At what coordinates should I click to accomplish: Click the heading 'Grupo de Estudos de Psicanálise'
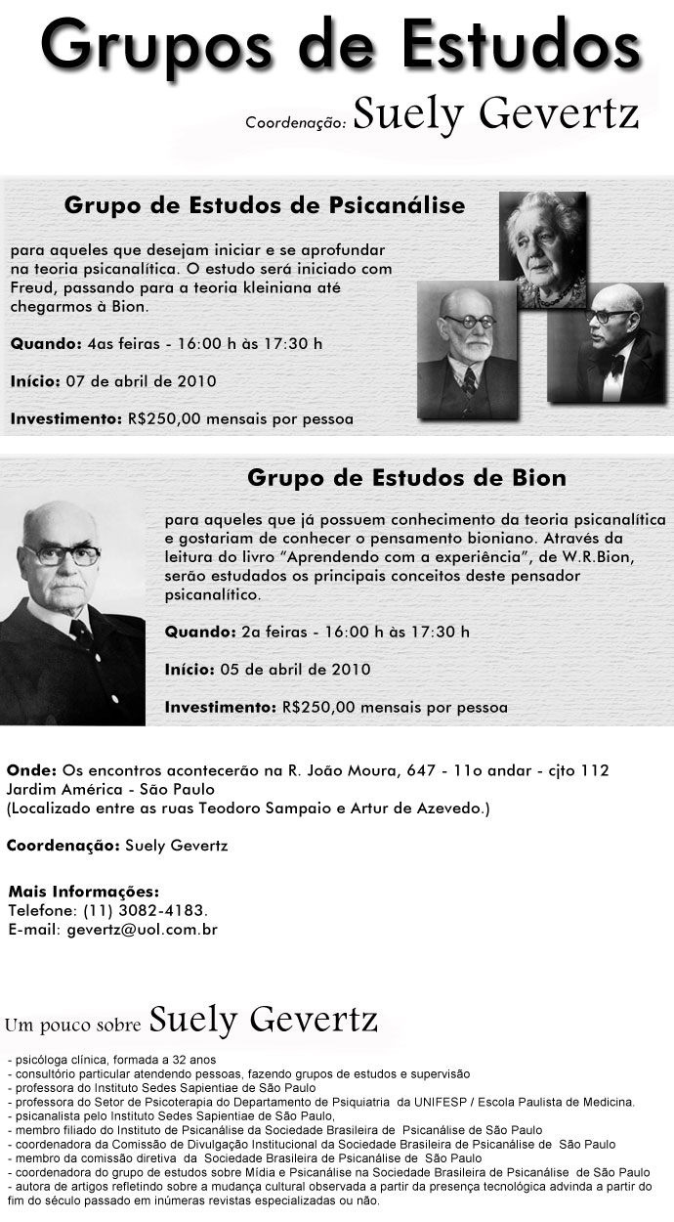click(x=265, y=206)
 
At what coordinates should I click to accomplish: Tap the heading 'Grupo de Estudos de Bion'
click(x=406, y=478)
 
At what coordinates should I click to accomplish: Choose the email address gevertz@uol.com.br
click(x=142, y=930)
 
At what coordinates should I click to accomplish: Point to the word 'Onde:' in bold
click(x=31, y=770)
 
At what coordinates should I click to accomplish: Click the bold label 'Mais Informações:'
click(x=83, y=892)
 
